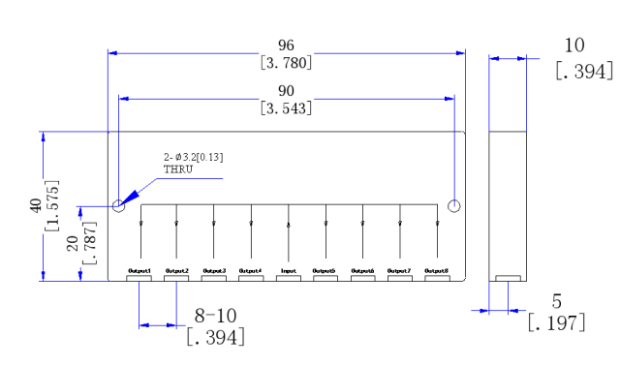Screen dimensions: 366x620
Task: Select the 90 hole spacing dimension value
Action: coord(285,91)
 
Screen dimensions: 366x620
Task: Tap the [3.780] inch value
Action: coord(286,63)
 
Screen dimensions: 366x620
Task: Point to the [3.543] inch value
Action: coord(286,107)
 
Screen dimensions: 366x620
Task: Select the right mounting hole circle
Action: coord(454,205)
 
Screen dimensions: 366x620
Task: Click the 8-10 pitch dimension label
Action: coord(216,316)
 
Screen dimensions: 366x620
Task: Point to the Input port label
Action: coord(288,270)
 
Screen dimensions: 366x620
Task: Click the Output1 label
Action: coord(139,270)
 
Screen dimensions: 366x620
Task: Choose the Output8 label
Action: coord(437,270)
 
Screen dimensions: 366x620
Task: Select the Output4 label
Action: coord(250,270)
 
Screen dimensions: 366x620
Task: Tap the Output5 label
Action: coord(325,270)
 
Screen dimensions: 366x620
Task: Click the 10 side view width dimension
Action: coord(573,46)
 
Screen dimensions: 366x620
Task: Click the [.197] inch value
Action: coord(556,322)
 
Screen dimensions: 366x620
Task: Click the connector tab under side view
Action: coord(508,279)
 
